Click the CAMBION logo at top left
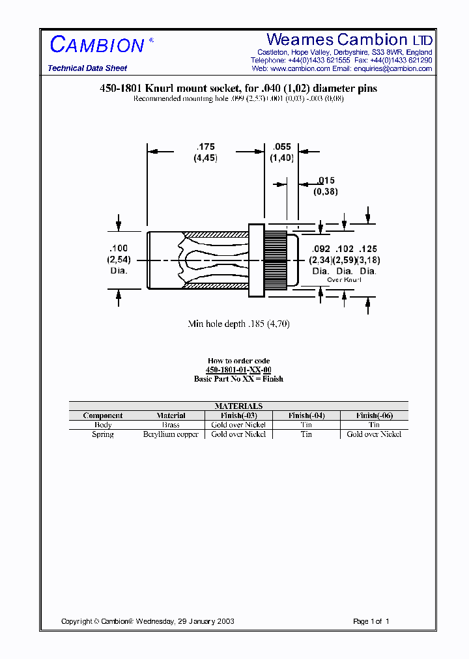[x=98, y=45]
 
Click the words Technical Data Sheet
[x=87, y=68]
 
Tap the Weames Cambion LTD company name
[x=349, y=40]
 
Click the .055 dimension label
[x=281, y=147]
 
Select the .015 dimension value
[x=326, y=180]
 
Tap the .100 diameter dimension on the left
[x=119, y=249]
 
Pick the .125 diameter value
[x=367, y=249]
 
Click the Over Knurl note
[x=343, y=279]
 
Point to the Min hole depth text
[x=238, y=324]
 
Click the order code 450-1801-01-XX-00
[x=238, y=370]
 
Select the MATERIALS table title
[x=238, y=406]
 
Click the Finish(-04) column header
[x=306, y=415]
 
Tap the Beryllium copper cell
[x=171, y=434]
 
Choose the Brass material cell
[x=171, y=425]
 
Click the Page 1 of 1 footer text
[x=371, y=621]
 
